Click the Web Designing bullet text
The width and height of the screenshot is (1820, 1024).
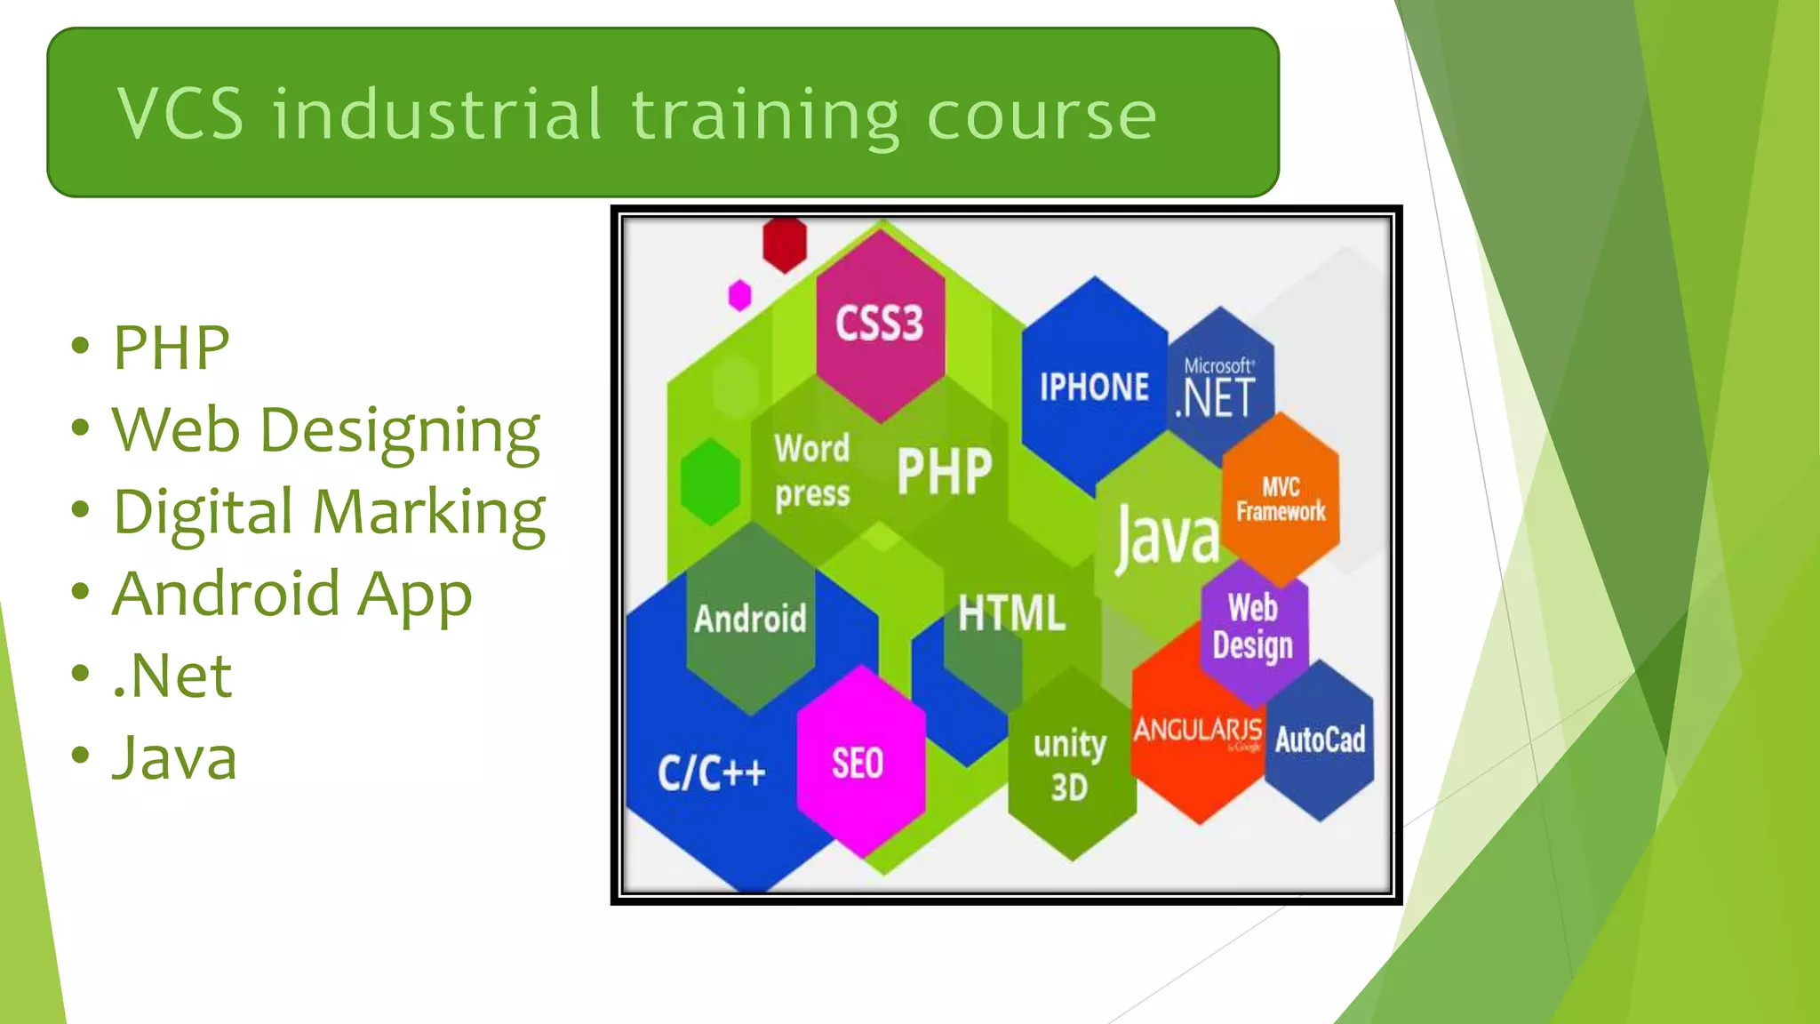click(326, 430)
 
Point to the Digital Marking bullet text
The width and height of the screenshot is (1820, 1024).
click(330, 513)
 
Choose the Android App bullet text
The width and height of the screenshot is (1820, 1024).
click(292, 595)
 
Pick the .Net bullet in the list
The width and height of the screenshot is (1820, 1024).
click(172, 676)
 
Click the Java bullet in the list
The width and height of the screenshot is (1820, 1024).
click(175, 758)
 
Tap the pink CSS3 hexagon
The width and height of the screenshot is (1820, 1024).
click(880, 324)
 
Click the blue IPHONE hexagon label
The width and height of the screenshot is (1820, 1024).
click(1094, 388)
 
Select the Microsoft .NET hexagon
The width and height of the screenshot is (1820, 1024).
click(1219, 388)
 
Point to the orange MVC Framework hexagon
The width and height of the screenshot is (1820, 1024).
click(1281, 500)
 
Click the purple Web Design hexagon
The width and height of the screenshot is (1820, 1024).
click(1253, 628)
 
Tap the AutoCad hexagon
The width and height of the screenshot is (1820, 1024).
click(1320, 740)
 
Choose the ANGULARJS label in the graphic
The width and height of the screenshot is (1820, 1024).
click(1197, 731)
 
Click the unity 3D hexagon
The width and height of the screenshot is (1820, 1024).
click(1070, 764)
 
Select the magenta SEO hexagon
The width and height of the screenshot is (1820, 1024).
click(858, 763)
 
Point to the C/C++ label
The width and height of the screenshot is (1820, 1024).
click(712, 772)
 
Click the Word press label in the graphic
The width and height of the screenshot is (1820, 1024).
click(812, 471)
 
